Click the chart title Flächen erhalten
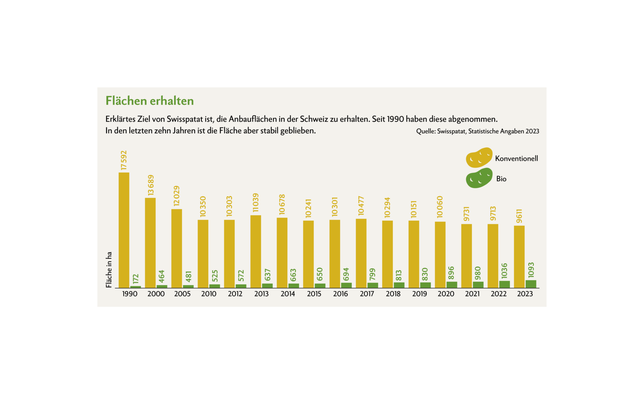pyautogui.click(x=149, y=101)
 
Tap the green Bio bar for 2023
pyautogui.click(x=531, y=284)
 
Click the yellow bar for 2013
pyautogui.click(x=256, y=252)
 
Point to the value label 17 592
pyautogui.click(x=124, y=160)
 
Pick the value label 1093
pyautogui.click(x=531, y=270)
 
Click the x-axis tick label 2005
pyautogui.click(x=182, y=294)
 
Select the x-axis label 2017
pyautogui.click(x=367, y=294)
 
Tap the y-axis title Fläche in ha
pyautogui.click(x=109, y=270)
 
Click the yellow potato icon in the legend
pyautogui.click(x=479, y=157)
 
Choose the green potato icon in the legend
pyautogui.click(x=479, y=178)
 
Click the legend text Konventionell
pyautogui.click(x=516, y=159)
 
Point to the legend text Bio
pyautogui.click(x=501, y=179)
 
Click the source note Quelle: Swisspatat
pyautogui.click(x=477, y=131)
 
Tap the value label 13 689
pyautogui.click(x=151, y=185)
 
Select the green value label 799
pyautogui.click(x=373, y=274)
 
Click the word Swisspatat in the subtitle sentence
pyautogui.click(x=185, y=119)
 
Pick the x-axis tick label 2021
pyautogui.click(x=472, y=294)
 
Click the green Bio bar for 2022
pyautogui.click(x=504, y=285)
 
